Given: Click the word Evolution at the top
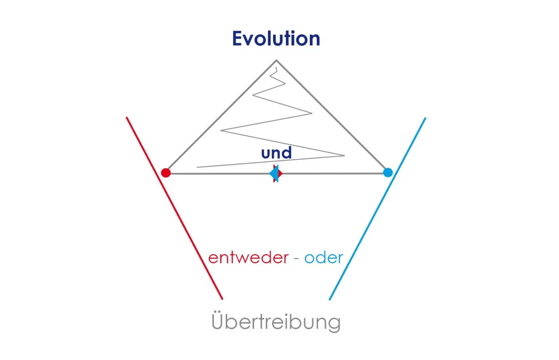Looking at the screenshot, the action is (x=276, y=39).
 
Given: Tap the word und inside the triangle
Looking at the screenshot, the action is (x=276, y=152).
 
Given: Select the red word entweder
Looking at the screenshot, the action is (x=248, y=258).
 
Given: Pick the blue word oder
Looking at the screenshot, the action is (x=324, y=258).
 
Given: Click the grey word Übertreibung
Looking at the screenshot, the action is (x=276, y=322).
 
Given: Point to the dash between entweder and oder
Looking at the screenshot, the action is (x=296, y=259).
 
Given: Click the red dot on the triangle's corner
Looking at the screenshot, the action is (x=166, y=173).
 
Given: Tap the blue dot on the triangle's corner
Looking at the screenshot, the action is (x=388, y=172).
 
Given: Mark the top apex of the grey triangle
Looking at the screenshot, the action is (x=276, y=60).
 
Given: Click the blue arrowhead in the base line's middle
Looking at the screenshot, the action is (x=274, y=173).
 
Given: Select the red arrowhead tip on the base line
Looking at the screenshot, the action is (x=282, y=173).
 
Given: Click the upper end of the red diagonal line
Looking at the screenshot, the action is (x=127, y=117).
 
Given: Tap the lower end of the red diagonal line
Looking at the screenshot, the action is (x=222, y=299).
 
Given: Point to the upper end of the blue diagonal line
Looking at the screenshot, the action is (x=425, y=118).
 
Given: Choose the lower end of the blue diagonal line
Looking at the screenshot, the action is (x=329, y=299).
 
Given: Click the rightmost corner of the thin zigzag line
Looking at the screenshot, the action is (x=345, y=156).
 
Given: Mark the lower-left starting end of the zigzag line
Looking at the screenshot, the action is (x=197, y=167).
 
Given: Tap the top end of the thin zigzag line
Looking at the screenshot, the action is (x=276, y=67).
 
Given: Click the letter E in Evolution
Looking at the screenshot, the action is (x=237, y=38).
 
